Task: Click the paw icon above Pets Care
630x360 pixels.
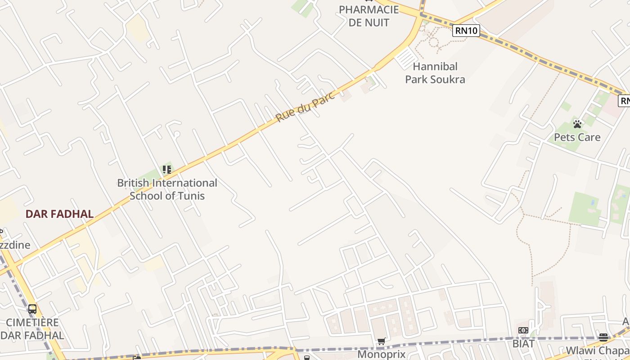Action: tap(577, 124)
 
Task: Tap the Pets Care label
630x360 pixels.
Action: tap(577, 137)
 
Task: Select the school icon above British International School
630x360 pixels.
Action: tap(167, 170)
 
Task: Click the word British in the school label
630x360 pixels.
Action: tap(133, 183)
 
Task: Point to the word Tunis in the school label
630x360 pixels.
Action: tap(192, 196)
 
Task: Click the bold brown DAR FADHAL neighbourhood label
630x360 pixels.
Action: tap(59, 214)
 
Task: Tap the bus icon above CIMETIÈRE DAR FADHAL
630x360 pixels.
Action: tap(32, 309)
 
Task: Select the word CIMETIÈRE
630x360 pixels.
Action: tap(32, 323)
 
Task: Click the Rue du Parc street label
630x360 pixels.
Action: tap(306, 107)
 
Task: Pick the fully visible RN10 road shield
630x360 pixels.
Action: tap(466, 31)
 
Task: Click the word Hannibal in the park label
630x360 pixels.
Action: tap(435, 67)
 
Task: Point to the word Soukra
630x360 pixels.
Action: tap(448, 80)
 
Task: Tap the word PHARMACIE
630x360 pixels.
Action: tap(369, 9)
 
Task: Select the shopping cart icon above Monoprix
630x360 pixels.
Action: tap(382, 342)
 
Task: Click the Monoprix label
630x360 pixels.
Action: tap(382, 354)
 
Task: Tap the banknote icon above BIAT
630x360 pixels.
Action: tap(523, 331)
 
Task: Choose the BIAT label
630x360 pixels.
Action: tap(523, 344)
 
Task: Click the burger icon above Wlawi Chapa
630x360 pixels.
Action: tap(603, 337)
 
